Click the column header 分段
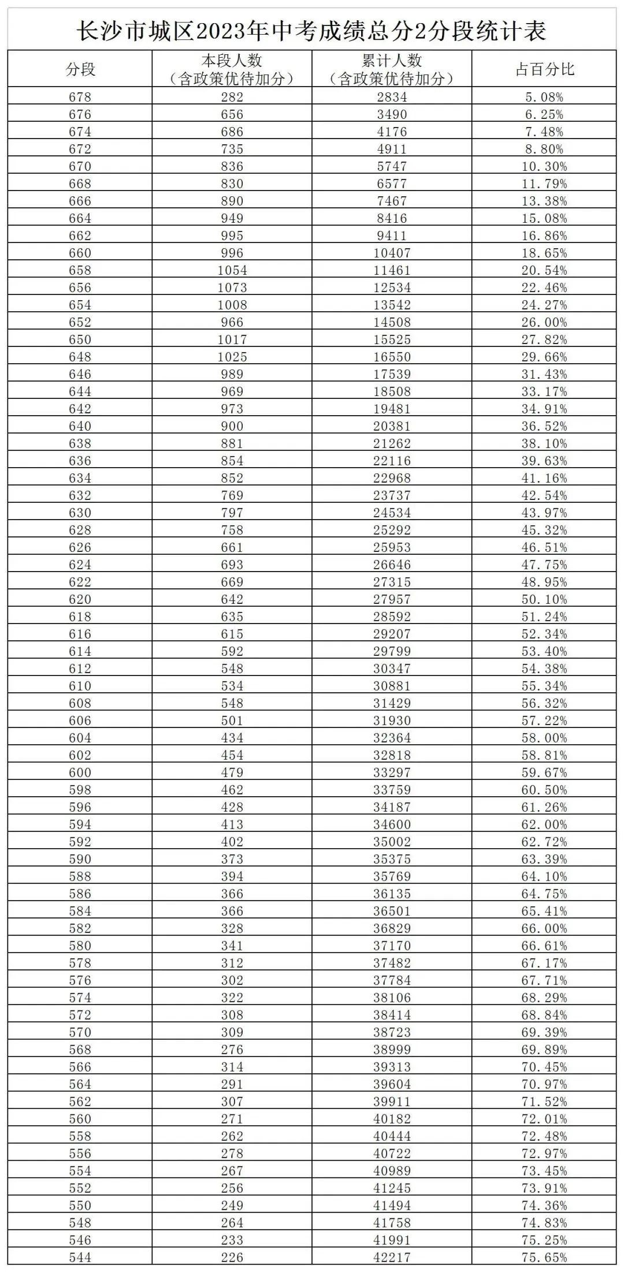(x=80, y=69)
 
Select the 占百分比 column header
(x=544, y=69)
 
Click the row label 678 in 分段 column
(x=80, y=97)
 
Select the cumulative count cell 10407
(x=392, y=253)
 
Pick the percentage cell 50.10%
(x=544, y=599)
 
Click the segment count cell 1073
(x=232, y=288)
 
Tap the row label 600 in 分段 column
(x=80, y=773)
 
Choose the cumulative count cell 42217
(x=392, y=1258)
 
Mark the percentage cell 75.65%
(x=544, y=1258)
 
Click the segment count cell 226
(x=232, y=1258)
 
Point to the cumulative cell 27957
(x=392, y=599)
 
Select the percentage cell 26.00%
(x=544, y=322)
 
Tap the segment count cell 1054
(x=232, y=270)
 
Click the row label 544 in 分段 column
(x=80, y=1258)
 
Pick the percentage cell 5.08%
(x=544, y=97)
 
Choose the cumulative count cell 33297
(x=392, y=773)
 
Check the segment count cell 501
(x=232, y=721)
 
